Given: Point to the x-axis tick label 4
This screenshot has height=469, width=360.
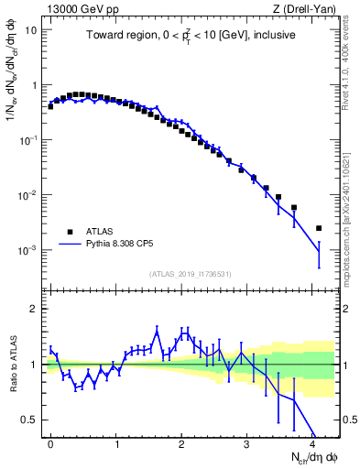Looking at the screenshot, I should (314, 442).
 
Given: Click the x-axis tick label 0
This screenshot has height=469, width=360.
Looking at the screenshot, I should (50, 442).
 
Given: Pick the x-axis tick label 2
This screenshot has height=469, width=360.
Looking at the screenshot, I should (182, 442).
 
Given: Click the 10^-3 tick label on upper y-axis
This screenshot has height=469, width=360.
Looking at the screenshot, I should (29, 250).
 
